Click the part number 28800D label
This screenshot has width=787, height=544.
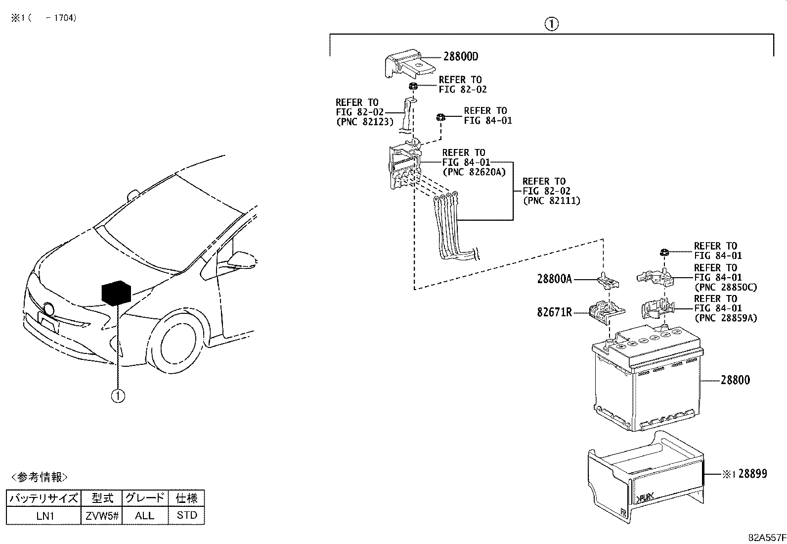pos(460,56)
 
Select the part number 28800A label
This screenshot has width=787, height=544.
pos(554,279)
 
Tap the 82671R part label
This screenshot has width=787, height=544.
pos(554,313)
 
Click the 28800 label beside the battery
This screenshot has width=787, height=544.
pos(735,380)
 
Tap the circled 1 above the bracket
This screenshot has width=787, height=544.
pos(551,24)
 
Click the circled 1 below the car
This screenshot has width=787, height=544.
pos(118,396)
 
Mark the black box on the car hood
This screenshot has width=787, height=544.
pos(117,293)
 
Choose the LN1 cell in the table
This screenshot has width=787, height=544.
pos(44,515)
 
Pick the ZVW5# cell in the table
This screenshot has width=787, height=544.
pos(101,515)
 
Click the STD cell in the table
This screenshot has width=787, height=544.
pos(187,515)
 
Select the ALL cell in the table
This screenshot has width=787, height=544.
pos(144,515)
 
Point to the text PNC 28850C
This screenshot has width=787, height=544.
pos(725,287)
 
